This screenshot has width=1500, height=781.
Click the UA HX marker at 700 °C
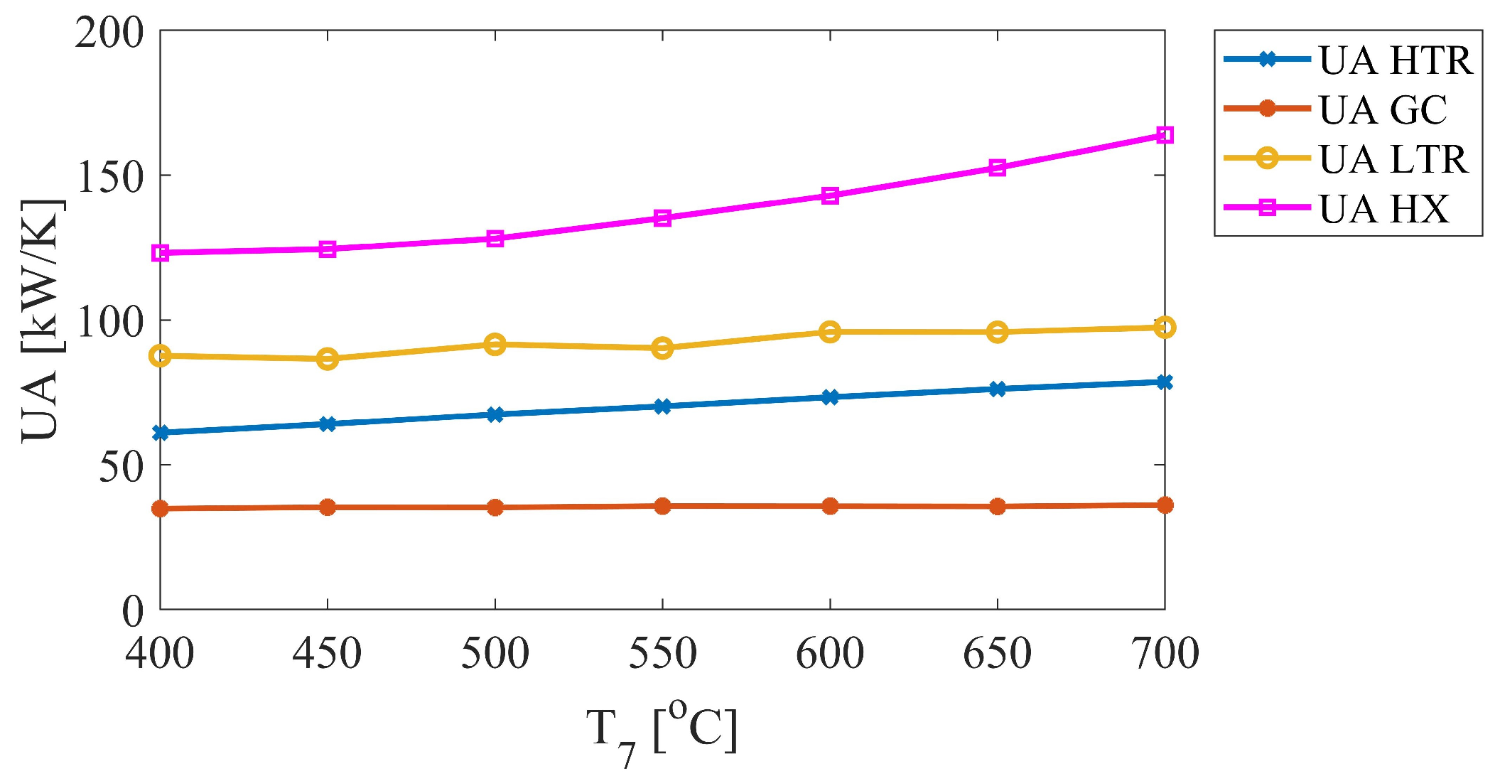[x=1164, y=135]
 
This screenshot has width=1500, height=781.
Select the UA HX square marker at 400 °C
[x=161, y=253]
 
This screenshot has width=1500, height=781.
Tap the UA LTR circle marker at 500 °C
[x=495, y=345]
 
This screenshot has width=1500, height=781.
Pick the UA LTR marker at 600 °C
[x=830, y=332]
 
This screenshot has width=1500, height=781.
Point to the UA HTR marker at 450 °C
[x=328, y=424]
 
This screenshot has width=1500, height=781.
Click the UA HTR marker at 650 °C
[x=997, y=389]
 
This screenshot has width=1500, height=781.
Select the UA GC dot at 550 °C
[x=662, y=506]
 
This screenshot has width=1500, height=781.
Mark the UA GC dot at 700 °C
[x=1164, y=505]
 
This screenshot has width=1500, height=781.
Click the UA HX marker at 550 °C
[x=662, y=218]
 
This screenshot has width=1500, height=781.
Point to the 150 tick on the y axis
[x=110, y=177]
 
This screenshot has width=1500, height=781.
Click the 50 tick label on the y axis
[x=121, y=467]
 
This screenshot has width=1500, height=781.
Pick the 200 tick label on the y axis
[x=110, y=33]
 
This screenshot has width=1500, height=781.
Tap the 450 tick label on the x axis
[x=327, y=654]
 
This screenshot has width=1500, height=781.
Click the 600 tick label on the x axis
[x=829, y=654]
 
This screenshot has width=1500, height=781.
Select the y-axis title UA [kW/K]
[x=41, y=320]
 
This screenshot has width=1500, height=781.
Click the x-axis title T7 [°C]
[x=662, y=732]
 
